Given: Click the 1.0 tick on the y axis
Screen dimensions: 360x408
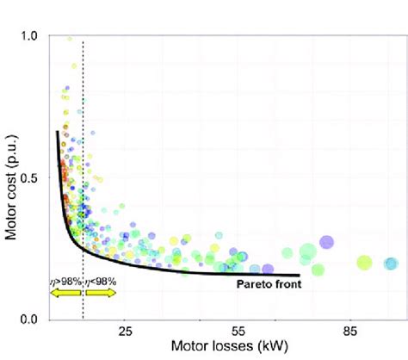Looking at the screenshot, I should pos(29,36).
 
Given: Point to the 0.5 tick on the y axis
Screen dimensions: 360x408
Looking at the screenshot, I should pos(29,178).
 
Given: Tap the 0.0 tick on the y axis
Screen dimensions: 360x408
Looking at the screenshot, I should pos(29,320).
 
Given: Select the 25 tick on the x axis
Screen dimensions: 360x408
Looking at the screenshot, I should pos(125,332).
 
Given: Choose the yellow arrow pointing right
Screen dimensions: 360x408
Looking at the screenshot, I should pos(100,293).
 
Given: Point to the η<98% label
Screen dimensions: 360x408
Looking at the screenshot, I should pos(99,280).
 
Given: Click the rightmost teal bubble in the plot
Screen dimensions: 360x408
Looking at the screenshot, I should pos(391,264).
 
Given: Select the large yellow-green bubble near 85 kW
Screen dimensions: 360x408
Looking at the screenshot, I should pos(363,263).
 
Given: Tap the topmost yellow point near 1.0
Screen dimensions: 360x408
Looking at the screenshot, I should pos(71,38).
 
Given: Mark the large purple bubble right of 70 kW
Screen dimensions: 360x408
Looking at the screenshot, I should pos(326,243).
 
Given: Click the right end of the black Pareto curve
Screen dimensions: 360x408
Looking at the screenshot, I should pos(299,276).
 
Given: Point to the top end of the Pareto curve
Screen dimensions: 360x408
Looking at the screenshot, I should pos(58,132).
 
